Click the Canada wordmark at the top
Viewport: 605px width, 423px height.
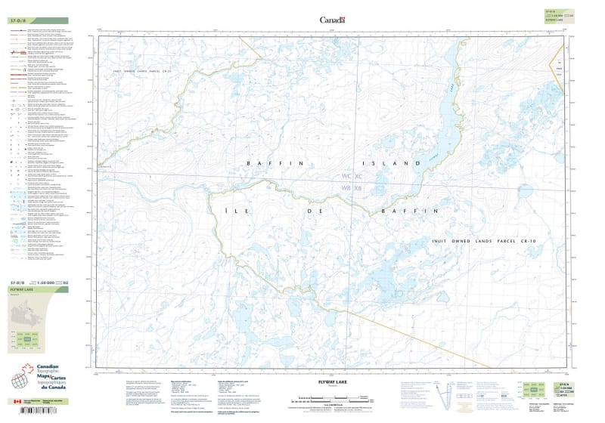click(x=332, y=20)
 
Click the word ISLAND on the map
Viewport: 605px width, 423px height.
click(x=392, y=163)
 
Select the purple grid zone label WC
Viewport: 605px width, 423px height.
click(x=347, y=175)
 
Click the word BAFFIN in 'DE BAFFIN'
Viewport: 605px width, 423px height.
click(x=409, y=211)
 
